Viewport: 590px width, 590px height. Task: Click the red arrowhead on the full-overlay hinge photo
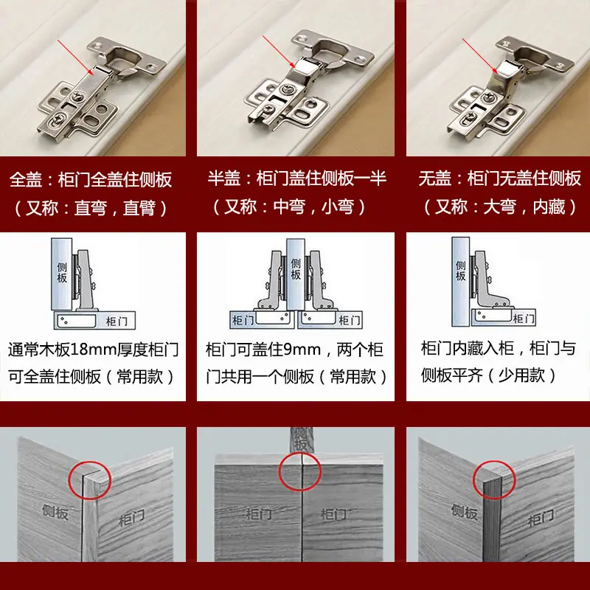90,72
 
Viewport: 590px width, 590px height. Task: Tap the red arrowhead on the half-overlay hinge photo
293,65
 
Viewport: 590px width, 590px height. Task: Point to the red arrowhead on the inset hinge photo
495,70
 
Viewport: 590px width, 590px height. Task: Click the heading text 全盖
26,179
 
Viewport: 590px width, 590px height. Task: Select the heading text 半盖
224,178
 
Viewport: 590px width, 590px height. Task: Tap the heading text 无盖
435,178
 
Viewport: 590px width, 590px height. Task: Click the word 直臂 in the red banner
139,208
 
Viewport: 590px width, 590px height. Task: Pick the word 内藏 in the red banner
549,206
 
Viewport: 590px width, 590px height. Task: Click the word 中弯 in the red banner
289,206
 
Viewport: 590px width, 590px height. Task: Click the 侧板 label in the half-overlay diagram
296,268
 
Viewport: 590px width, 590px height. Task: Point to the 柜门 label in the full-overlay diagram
117,322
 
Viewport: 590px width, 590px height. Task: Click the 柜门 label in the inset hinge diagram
524,319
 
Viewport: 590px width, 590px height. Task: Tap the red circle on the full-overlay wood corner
89,481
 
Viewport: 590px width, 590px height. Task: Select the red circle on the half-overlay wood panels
299,471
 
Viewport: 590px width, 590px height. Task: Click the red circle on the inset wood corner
493,480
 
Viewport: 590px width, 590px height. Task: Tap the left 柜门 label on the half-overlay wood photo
259,514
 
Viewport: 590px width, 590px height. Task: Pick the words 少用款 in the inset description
521,375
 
